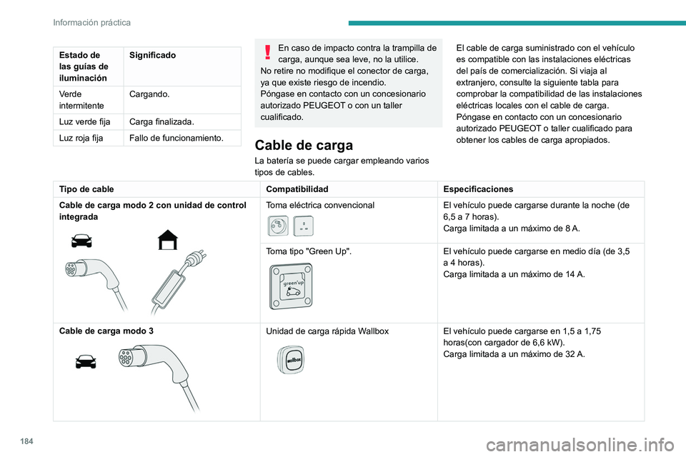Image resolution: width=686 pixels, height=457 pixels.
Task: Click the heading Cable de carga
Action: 304,145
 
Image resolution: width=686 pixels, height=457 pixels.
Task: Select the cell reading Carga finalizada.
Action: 161,122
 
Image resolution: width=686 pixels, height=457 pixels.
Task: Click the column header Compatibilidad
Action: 297,189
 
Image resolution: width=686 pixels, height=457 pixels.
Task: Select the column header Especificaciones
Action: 477,189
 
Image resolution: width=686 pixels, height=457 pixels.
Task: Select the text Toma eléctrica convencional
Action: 320,205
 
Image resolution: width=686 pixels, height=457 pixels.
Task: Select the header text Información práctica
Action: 91,22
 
